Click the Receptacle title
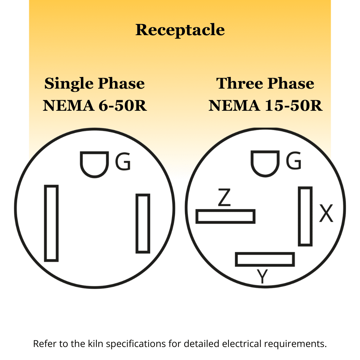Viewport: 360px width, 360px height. [180, 30]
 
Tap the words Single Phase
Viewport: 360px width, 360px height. [95, 84]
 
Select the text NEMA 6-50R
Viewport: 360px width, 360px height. [95, 105]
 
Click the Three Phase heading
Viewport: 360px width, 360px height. [265, 84]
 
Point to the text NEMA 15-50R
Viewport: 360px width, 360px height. [265, 105]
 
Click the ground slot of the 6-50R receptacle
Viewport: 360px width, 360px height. [94, 163]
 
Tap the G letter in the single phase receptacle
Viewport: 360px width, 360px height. [123, 162]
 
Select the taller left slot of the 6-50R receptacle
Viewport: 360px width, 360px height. [51, 223]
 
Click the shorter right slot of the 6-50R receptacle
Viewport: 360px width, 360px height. [143, 223]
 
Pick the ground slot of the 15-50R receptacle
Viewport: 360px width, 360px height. [265, 163]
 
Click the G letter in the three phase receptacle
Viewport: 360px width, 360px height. [294, 162]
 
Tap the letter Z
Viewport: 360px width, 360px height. [224, 198]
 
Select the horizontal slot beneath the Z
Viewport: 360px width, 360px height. [225, 216]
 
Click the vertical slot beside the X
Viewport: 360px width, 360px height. [305, 216]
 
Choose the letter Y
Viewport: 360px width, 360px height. [262, 276]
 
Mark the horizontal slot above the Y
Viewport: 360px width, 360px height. [265, 259]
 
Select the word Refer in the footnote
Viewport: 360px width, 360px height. [43, 343]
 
